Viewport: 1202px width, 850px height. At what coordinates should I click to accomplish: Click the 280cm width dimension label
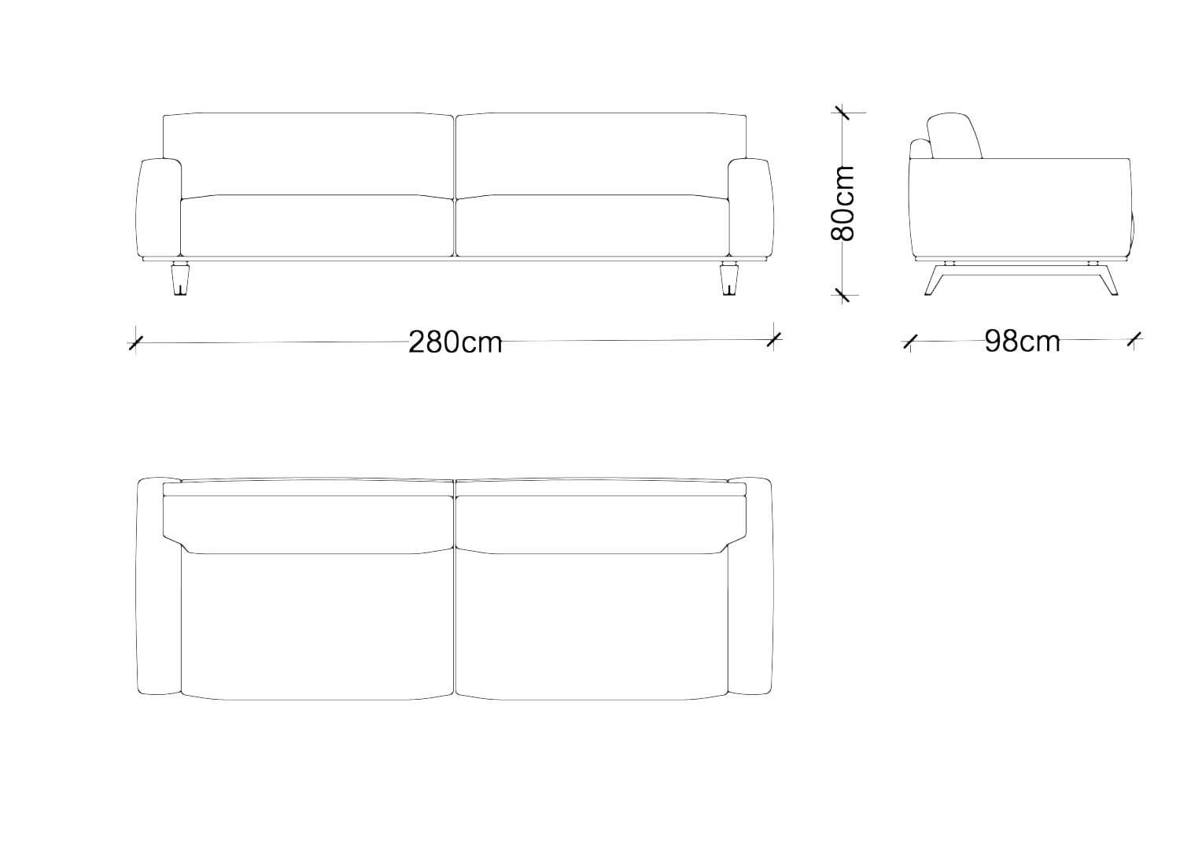[x=455, y=342]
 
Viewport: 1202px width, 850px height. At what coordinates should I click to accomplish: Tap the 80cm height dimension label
[x=843, y=203]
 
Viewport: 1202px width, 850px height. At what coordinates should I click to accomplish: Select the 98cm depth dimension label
[x=1022, y=341]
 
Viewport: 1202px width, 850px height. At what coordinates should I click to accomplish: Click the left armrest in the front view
[x=158, y=208]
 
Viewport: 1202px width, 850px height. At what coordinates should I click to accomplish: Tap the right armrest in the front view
[x=750, y=208]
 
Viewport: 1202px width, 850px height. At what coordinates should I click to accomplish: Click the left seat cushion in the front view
[x=317, y=226]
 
